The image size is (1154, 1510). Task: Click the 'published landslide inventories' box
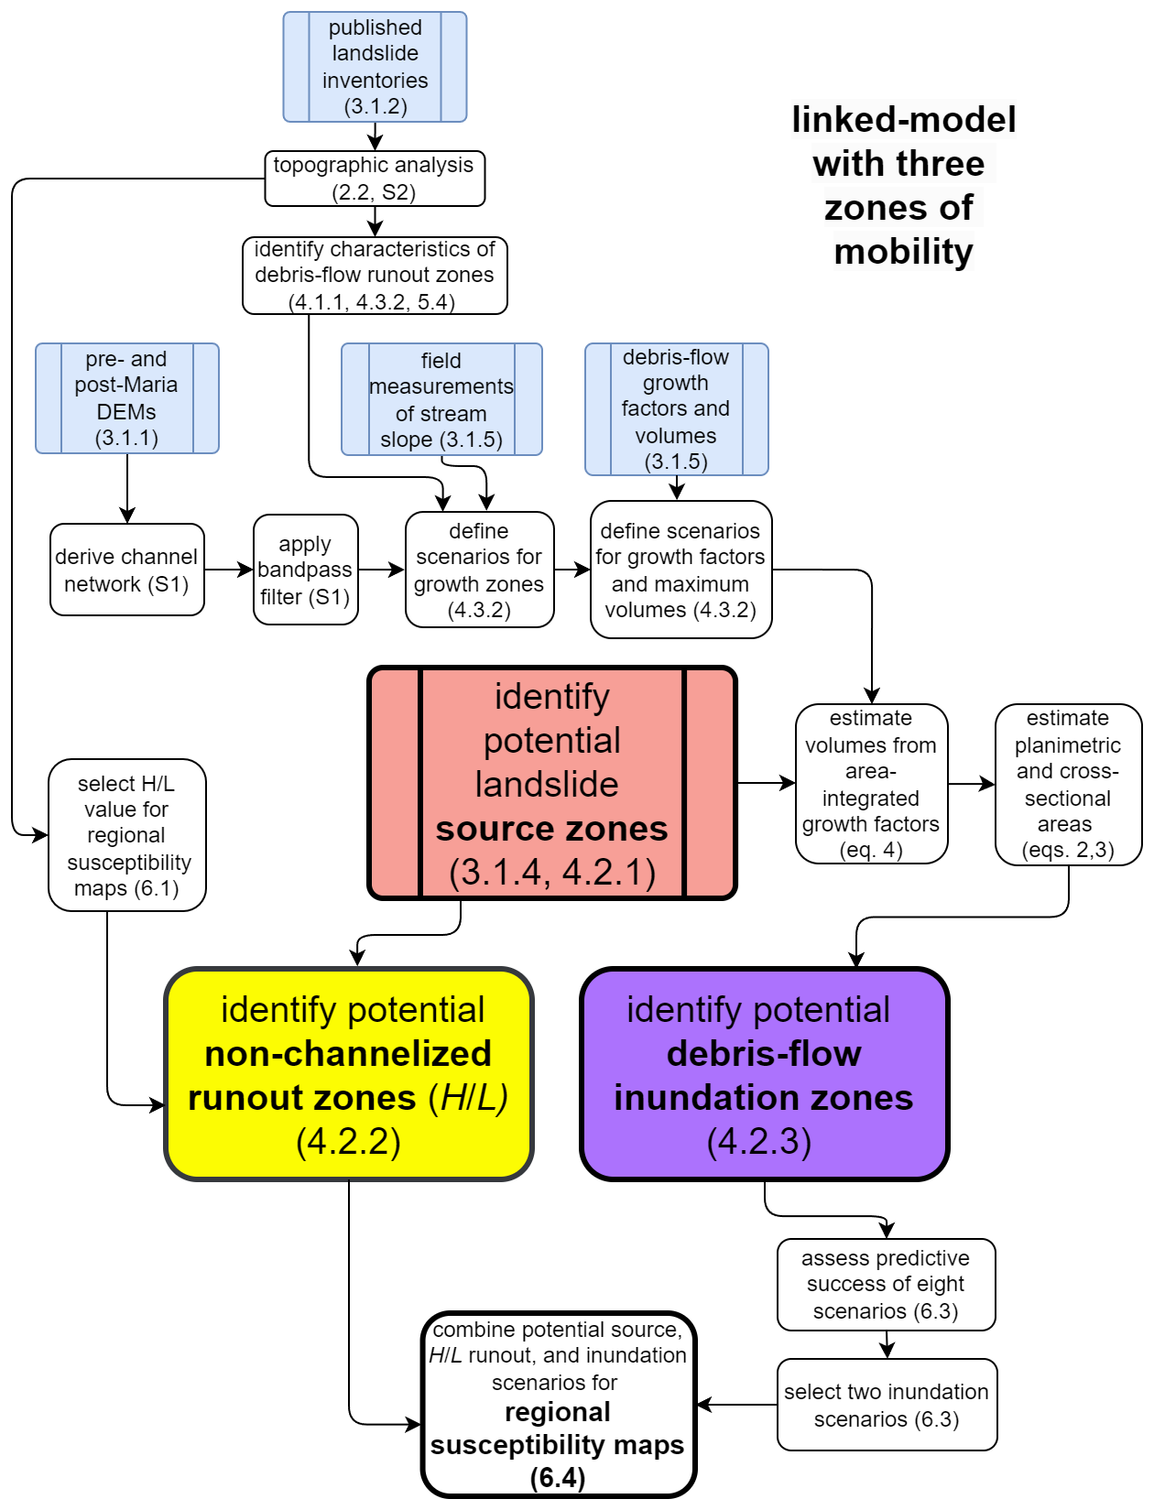[375, 67]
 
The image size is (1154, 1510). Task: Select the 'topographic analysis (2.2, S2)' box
[375, 179]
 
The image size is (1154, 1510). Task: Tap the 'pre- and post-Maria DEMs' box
[126, 398]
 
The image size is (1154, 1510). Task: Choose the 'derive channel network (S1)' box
[126, 570]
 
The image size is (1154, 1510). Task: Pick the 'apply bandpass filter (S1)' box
[305, 570]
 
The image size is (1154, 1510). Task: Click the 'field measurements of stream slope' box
[441, 399]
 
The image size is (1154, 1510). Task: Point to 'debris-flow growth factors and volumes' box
[676, 409]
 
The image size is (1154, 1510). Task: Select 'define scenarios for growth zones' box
[479, 570]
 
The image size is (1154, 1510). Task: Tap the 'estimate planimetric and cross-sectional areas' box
[1068, 784]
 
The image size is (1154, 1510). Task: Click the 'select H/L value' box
[126, 835]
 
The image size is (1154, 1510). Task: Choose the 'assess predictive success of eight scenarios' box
[886, 1285]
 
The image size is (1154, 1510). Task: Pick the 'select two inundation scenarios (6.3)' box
[887, 1405]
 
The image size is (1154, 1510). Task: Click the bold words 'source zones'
[551, 829]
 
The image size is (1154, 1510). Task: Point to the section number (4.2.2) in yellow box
[349, 1142]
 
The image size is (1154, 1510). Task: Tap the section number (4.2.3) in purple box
[759, 1142]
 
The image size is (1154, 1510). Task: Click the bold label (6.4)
[558, 1477]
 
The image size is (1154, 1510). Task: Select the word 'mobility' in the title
[903, 252]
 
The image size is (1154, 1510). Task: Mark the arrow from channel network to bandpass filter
[228, 570]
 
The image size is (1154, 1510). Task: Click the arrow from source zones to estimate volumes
[766, 783]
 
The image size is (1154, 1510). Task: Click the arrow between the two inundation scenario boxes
[887, 1344]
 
